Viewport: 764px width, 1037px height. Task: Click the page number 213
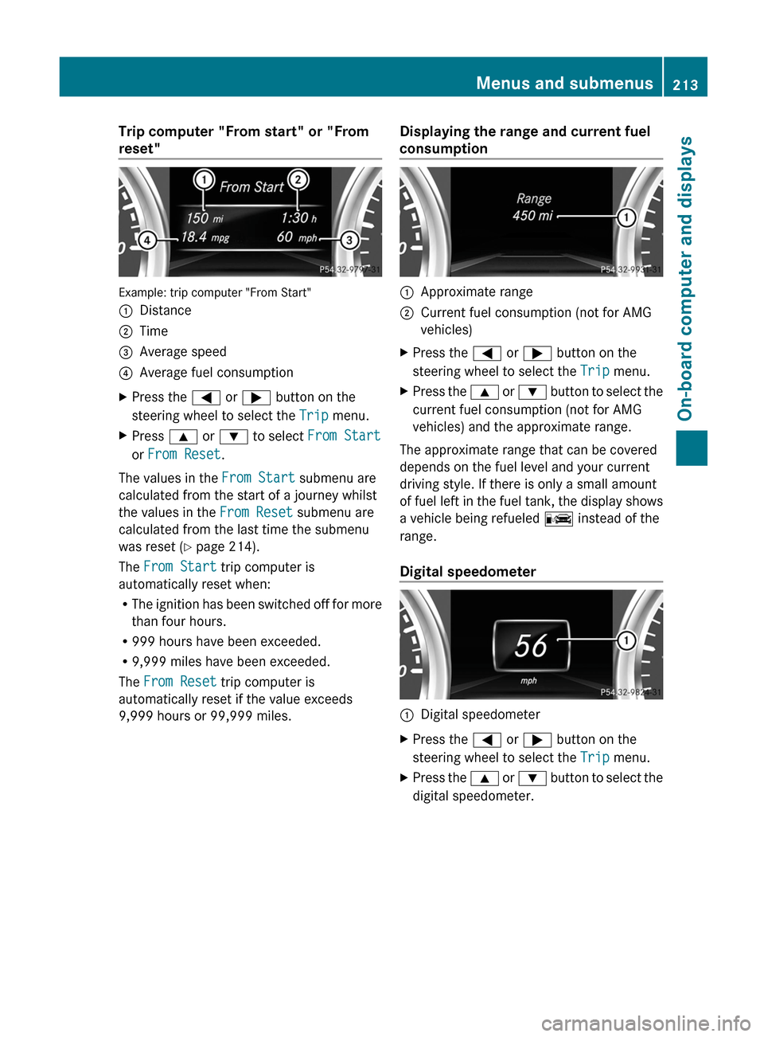[x=684, y=84]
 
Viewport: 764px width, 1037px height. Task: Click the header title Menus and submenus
[x=563, y=83]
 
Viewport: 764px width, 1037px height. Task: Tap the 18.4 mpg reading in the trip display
[x=205, y=237]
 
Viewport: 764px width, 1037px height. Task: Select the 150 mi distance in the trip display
[x=205, y=218]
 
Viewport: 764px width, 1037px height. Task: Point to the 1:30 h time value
[x=298, y=218]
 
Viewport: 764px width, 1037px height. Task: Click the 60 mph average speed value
[x=297, y=237]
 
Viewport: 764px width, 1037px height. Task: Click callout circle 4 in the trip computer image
[x=146, y=240]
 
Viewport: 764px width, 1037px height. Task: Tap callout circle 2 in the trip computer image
[x=298, y=179]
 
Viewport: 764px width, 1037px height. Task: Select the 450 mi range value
[x=532, y=216]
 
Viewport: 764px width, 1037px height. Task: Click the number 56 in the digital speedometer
[x=531, y=646]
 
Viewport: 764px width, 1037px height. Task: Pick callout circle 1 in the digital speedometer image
[x=626, y=640]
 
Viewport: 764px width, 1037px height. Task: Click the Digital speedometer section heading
[x=467, y=572]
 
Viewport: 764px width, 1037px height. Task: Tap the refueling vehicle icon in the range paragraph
[x=559, y=519]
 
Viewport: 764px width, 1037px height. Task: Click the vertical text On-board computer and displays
[x=686, y=279]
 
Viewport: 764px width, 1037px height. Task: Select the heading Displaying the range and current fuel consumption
[x=524, y=140]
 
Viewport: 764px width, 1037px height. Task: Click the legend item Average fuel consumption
[x=216, y=373]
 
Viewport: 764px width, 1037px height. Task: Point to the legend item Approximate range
[x=476, y=292]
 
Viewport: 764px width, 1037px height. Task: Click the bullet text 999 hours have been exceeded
[x=226, y=642]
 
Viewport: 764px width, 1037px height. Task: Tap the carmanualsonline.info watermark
[x=645, y=1023]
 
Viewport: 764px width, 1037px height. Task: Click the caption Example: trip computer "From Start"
[x=215, y=292]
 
